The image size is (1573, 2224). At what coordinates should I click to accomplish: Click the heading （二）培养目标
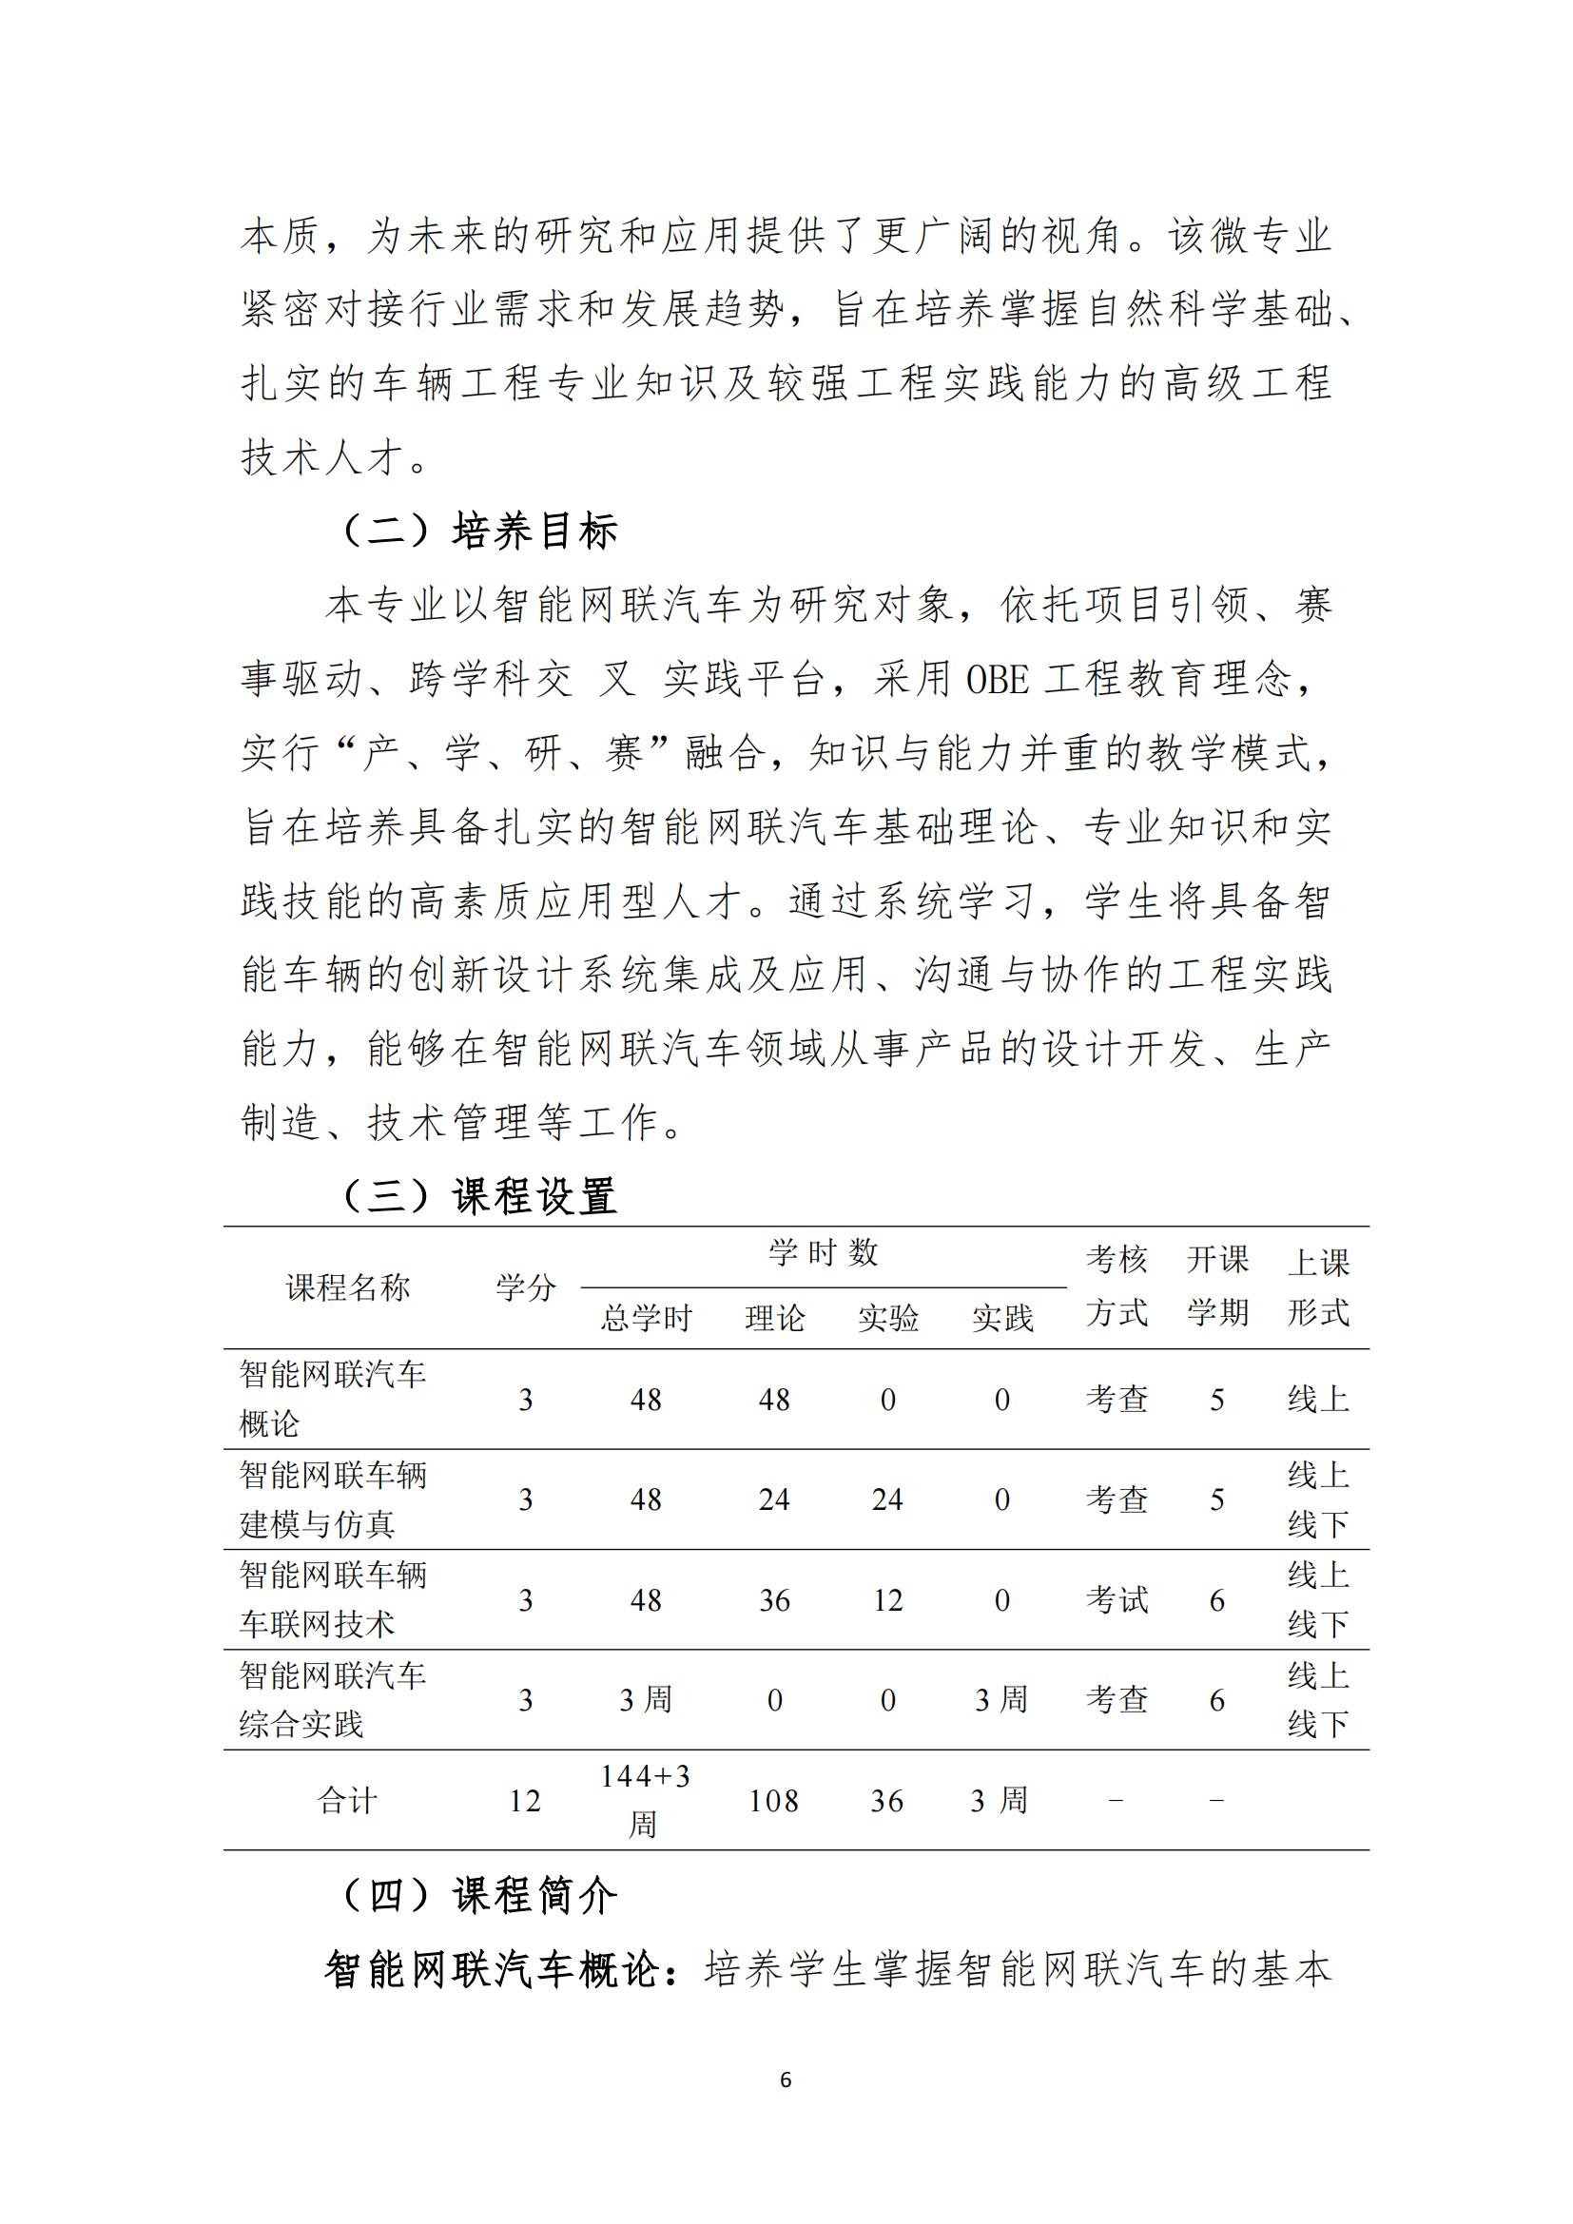pyautogui.click(x=480, y=531)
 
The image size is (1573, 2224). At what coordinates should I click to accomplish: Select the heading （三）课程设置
pyautogui.click(x=480, y=1196)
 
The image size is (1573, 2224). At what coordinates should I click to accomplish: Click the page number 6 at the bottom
pyautogui.click(x=786, y=2079)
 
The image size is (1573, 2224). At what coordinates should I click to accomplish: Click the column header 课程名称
pyautogui.click(x=348, y=1288)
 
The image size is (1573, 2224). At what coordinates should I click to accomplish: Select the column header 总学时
pyautogui.click(x=646, y=1318)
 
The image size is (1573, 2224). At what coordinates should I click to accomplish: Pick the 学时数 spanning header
pyautogui.click(x=824, y=1253)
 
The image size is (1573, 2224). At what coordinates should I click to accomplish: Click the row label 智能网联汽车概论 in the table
pyautogui.click(x=332, y=1399)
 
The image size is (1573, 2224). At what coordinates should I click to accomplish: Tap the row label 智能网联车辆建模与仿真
pyautogui.click(x=332, y=1499)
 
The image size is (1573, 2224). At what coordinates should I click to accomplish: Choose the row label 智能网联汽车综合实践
pyautogui.click(x=332, y=1700)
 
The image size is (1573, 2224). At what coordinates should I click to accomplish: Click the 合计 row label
pyautogui.click(x=347, y=1802)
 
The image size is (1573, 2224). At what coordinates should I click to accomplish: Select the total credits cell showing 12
pyautogui.click(x=525, y=1802)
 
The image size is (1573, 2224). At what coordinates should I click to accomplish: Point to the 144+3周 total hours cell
pyautogui.click(x=645, y=1801)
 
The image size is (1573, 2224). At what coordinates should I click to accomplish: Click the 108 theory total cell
pyautogui.click(x=774, y=1802)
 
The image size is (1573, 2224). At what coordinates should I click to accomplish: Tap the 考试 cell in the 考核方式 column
pyautogui.click(x=1117, y=1600)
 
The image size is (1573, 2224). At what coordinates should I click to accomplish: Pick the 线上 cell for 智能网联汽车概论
pyautogui.click(x=1317, y=1400)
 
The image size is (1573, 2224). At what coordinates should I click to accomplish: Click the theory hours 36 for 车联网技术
pyautogui.click(x=774, y=1600)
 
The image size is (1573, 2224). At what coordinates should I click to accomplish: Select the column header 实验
pyautogui.click(x=887, y=1318)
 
